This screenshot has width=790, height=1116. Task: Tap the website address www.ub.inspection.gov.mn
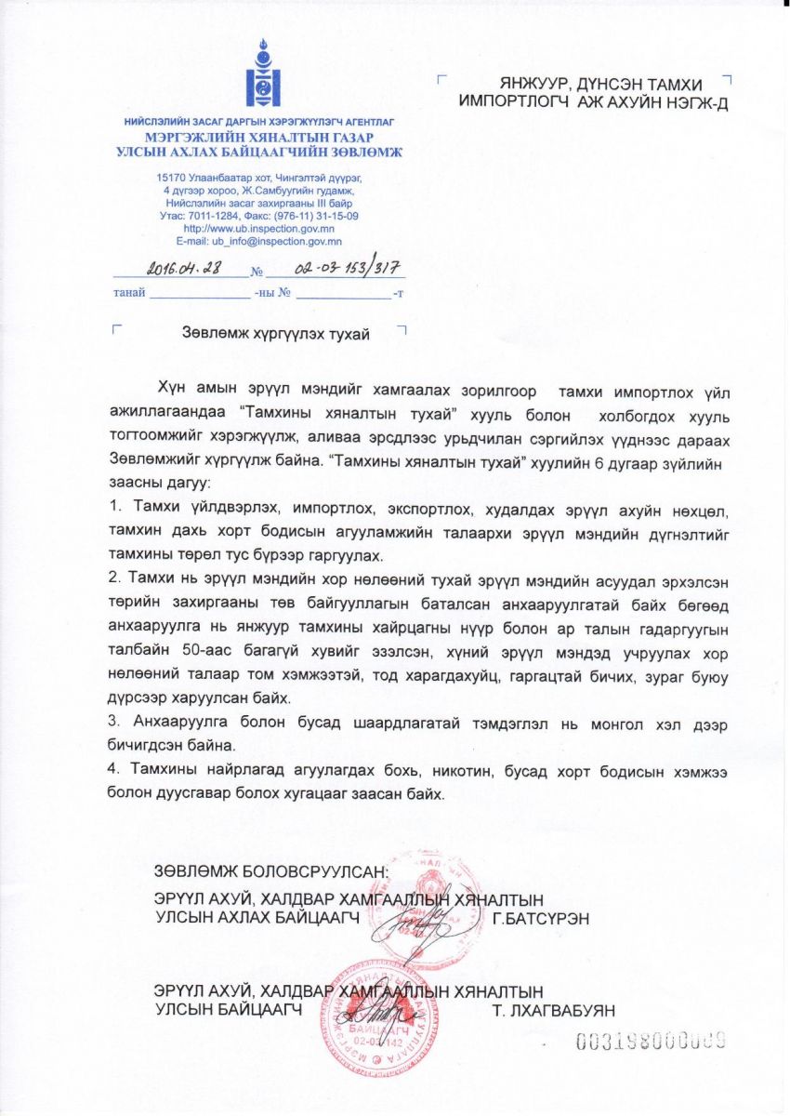click(259, 228)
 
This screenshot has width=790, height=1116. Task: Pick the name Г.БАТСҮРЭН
click(541, 919)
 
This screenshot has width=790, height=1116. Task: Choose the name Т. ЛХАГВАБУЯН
click(552, 1010)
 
